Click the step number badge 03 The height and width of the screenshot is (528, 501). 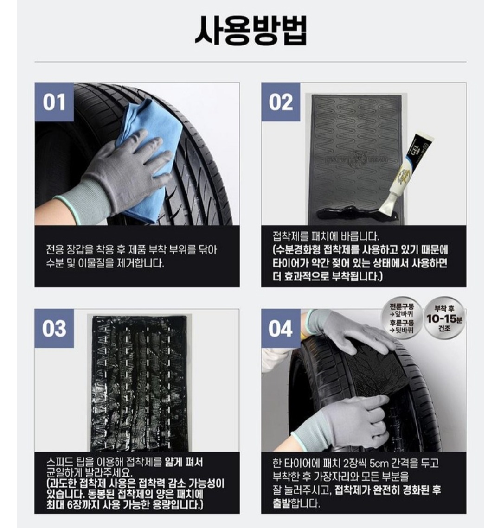pos(54,329)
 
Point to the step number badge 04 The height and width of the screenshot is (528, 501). pos(281,329)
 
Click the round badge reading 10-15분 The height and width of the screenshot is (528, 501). pos(444,318)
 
